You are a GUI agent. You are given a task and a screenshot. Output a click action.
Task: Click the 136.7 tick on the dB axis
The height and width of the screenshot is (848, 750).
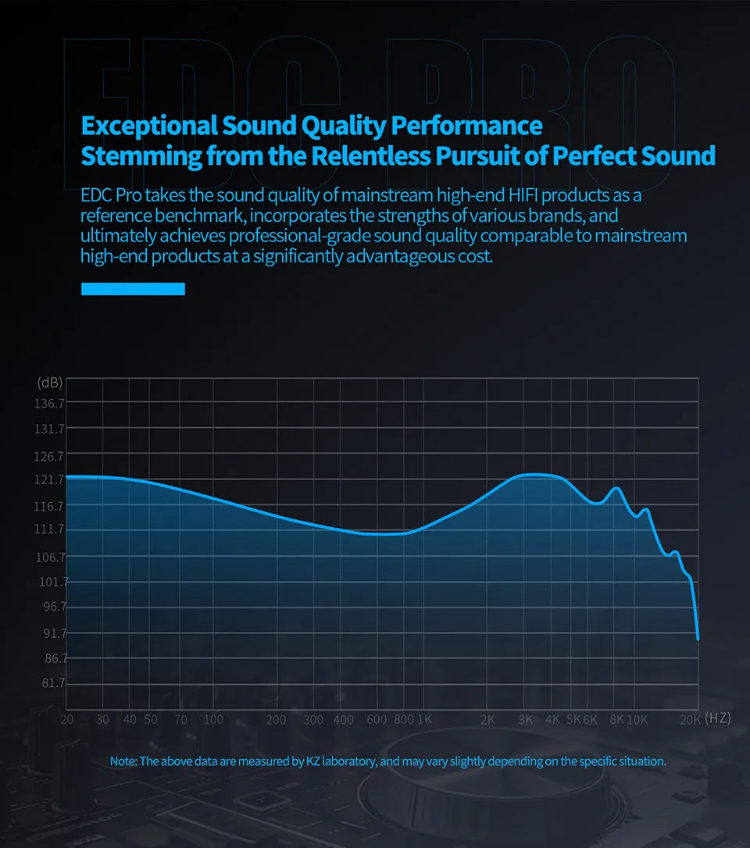point(50,404)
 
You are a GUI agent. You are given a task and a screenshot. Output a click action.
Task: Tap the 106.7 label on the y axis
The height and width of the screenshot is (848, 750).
point(50,557)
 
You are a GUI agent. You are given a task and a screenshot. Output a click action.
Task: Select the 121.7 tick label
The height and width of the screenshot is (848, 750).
point(50,479)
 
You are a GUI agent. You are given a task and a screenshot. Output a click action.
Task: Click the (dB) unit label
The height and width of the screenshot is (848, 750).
point(49,383)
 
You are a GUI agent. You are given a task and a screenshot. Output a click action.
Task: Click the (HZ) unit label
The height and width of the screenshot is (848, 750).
point(717,718)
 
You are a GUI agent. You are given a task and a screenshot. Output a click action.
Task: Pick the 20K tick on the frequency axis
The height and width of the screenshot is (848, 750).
point(689,719)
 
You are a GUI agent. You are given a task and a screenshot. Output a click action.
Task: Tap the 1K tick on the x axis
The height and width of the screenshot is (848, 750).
point(424,719)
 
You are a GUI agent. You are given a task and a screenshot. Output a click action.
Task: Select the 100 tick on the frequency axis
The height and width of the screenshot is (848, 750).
point(213,719)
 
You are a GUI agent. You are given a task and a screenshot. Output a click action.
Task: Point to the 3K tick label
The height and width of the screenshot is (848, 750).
point(525,719)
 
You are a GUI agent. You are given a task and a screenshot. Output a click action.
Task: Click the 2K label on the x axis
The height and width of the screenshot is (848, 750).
point(487,719)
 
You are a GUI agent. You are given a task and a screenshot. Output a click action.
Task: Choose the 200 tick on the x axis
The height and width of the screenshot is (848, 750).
point(276,719)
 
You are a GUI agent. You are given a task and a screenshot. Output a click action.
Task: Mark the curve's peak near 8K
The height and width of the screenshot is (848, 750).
point(616,488)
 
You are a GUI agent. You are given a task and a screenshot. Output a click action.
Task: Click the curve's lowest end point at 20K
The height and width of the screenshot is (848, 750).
point(698,639)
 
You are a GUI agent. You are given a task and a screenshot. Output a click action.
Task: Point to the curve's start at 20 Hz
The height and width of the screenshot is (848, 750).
point(67,476)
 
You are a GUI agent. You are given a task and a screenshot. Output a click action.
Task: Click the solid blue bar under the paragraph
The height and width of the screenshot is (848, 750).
point(133,289)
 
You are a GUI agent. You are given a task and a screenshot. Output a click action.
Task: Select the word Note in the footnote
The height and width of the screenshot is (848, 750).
point(123,761)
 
